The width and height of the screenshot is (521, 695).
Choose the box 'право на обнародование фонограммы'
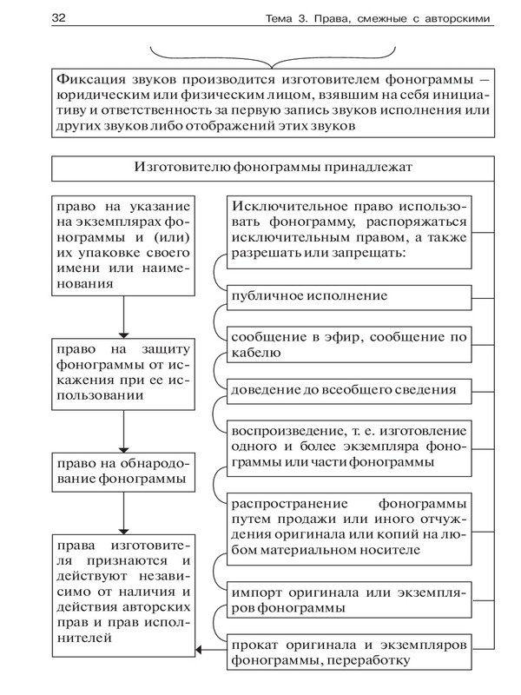coord(122,470)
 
